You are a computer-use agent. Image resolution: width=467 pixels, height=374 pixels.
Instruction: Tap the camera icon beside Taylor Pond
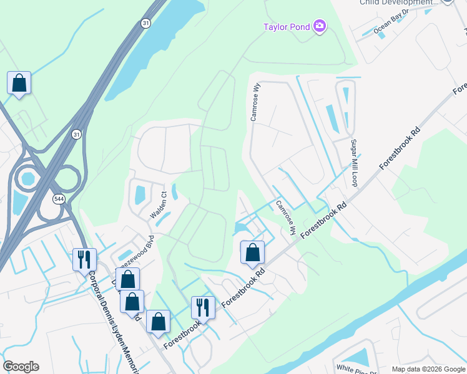pyautogui.click(x=320, y=26)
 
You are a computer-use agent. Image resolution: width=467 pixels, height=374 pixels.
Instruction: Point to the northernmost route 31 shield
pyautogui.click(x=145, y=23)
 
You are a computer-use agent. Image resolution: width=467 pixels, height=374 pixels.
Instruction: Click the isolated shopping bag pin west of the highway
pyautogui.click(x=19, y=83)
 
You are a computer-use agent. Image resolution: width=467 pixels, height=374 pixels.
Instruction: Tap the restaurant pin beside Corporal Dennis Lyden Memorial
pyautogui.click(x=84, y=258)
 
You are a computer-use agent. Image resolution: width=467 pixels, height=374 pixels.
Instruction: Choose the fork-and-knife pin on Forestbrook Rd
pyautogui.click(x=203, y=307)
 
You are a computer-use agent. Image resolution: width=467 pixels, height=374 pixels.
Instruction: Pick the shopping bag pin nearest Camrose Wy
pyautogui.click(x=252, y=252)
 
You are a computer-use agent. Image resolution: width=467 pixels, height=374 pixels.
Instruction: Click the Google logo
pyautogui.click(x=21, y=367)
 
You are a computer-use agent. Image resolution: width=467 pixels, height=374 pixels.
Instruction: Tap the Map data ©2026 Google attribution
pyautogui.click(x=428, y=369)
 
